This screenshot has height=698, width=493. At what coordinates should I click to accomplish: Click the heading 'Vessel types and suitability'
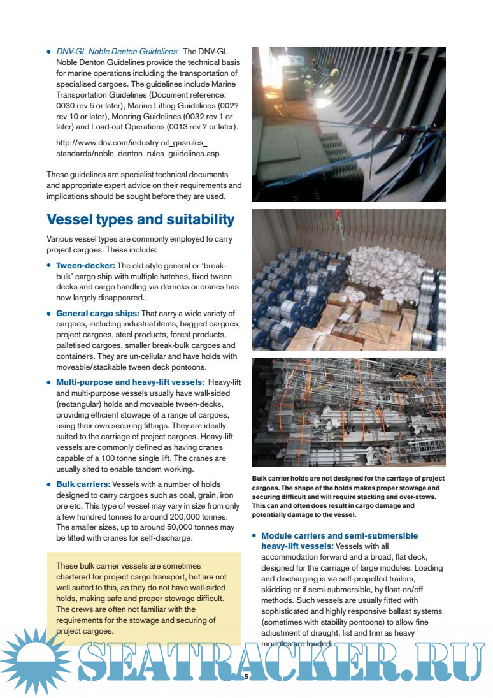click(141, 220)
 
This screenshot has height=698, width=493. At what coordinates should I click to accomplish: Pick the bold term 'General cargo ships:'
click(97, 314)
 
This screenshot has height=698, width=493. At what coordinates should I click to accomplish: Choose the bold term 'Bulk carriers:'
click(83, 484)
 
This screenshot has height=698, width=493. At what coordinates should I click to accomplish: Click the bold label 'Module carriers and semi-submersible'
click(339, 536)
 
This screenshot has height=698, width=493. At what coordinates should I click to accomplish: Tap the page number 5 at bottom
click(246, 678)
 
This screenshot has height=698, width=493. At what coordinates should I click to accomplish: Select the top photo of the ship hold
click(348, 124)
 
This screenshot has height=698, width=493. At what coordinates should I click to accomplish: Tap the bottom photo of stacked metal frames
click(348, 412)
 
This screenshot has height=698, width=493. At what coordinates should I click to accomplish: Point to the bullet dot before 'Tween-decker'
click(50, 266)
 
